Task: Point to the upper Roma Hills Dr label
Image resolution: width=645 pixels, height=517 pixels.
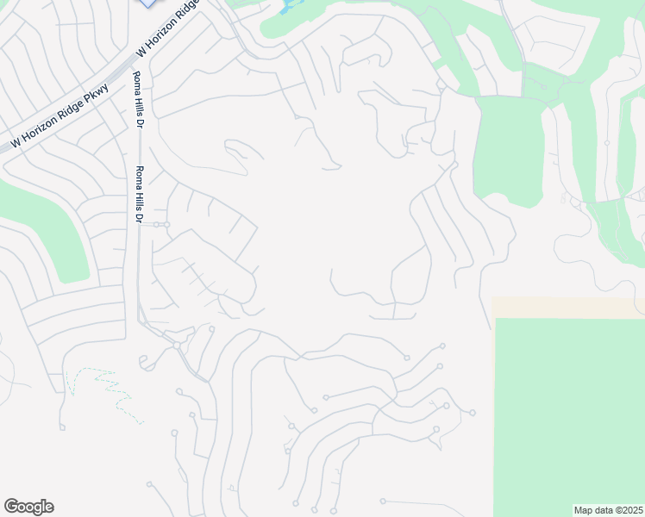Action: [137, 100]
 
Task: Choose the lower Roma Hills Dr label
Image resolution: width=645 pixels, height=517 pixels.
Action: [137, 194]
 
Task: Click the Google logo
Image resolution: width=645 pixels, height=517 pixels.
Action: [28, 507]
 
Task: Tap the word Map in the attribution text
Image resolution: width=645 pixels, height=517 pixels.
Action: [583, 509]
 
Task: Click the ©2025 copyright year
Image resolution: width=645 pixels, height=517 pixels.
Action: [626, 509]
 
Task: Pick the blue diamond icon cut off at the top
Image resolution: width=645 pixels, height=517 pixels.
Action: [149, 3]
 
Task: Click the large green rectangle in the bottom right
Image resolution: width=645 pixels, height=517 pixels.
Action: [569, 414]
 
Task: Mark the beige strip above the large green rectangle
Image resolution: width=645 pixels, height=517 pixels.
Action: [569, 308]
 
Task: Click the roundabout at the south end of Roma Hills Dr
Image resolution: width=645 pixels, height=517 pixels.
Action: [176, 345]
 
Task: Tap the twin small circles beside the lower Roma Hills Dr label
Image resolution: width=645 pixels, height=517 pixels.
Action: [162, 225]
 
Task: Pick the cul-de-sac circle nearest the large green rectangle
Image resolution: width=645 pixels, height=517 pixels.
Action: [473, 413]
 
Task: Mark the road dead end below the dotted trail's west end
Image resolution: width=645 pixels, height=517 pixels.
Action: [61, 427]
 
